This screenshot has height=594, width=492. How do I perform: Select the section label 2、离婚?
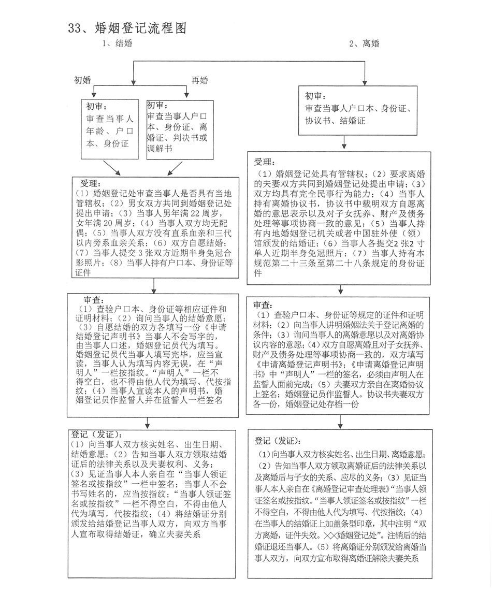click(364, 44)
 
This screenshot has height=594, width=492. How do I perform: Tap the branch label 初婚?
click(82, 80)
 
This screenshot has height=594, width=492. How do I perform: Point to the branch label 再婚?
click(200, 80)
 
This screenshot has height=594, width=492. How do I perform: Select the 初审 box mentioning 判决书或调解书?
click(180, 129)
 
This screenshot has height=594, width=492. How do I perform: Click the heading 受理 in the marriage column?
click(91, 184)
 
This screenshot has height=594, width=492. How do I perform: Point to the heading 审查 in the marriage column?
click(95, 300)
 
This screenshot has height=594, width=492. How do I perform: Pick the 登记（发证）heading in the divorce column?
click(278, 441)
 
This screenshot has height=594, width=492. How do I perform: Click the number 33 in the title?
click(76, 28)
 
